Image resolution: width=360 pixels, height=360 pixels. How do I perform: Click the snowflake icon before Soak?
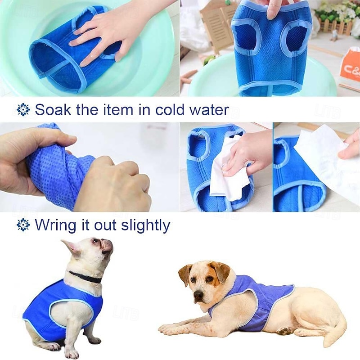23,109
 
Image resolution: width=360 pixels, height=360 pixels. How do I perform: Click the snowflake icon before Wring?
23,225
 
